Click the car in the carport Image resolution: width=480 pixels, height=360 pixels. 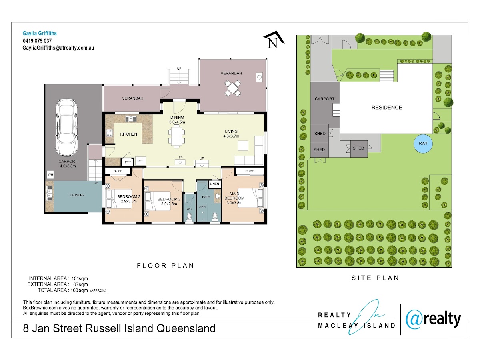tap(66, 128)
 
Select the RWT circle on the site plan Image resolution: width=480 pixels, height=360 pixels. tap(423, 143)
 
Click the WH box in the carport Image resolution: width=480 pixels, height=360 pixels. tap(50, 174)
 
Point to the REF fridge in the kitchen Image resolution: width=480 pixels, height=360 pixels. tap(140, 161)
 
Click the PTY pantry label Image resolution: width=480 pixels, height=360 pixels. tap(128, 162)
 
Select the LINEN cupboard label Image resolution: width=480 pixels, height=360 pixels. tap(214, 184)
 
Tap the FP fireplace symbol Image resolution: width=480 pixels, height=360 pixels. tap(180, 162)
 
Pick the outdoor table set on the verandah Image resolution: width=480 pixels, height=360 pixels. tap(233, 88)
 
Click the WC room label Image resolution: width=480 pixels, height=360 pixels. tap(189, 209)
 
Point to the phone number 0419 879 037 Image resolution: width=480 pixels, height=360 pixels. tap(37, 41)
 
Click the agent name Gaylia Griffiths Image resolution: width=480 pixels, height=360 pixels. tap(40, 33)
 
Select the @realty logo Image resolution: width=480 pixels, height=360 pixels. tap(433, 320)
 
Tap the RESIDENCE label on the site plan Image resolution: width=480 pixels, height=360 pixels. tap(387, 108)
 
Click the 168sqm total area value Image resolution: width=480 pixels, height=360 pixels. tap(79, 290)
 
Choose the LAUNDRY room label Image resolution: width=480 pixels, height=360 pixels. tap(77, 195)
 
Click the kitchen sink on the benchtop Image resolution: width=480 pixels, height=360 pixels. tap(131, 119)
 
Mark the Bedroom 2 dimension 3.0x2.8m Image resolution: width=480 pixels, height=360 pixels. tap(169, 204)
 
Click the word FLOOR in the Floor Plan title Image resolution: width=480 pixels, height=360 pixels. tap(152, 266)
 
